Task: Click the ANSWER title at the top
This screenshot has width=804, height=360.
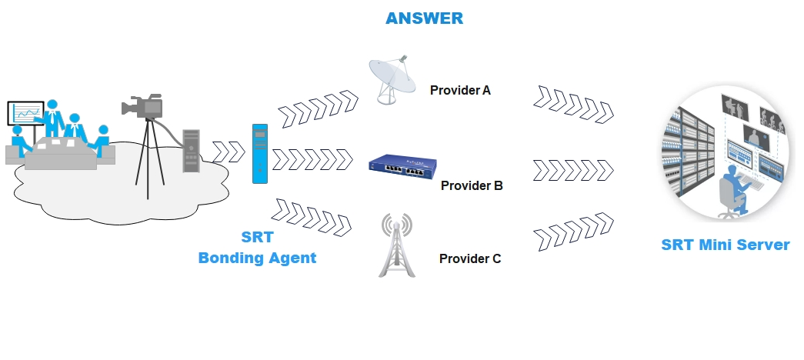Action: [424, 18]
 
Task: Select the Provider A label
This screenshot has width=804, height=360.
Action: [460, 90]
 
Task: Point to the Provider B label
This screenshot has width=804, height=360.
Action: [472, 185]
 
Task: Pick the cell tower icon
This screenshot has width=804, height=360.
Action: [396, 245]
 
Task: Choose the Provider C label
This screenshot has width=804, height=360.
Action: [469, 259]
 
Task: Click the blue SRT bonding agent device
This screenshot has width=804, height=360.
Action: [260, 153]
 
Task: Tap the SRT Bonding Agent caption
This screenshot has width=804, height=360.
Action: [257, 247]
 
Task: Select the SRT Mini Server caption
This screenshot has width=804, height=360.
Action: [725, 245]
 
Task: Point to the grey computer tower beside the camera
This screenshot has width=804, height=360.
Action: [191, 151]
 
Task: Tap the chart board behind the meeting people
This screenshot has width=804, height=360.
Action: [25, 113]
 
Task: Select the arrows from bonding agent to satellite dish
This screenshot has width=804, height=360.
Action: [318, 108]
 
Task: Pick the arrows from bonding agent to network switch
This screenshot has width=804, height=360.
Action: [312, 159]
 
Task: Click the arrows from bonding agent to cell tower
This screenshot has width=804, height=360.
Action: [312, 218]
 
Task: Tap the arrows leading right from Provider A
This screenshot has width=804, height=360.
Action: [573, 105]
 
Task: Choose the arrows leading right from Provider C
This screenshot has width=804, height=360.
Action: [573, 232]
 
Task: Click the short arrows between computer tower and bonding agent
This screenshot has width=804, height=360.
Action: [229, 152]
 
